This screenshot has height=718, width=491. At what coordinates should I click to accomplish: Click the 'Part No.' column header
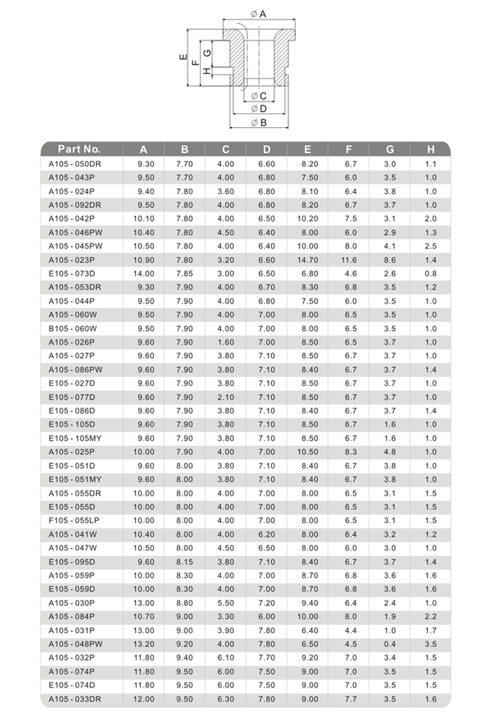coord(79,149)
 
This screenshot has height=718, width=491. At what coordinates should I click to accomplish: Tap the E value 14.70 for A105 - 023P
coord(309,260)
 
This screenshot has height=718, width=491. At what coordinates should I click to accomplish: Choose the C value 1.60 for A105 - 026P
coord(226,342)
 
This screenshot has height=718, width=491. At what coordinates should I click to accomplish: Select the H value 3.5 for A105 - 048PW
coord(430,643)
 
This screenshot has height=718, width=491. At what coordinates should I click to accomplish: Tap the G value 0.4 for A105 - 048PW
coord(390,643)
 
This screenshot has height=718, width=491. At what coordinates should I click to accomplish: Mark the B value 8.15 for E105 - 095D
coord(185,561)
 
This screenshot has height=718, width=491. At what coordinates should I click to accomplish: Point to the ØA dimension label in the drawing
coord(258,14)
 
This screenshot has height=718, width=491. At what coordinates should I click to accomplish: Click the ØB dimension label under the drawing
coord(258,122)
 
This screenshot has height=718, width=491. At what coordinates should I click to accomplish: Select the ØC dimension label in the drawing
coord(258,95)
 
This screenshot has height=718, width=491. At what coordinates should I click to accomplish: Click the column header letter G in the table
coord(390,149)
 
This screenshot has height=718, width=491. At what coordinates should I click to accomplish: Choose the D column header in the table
coord(267,149)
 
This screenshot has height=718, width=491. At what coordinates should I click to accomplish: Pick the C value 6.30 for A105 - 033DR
coord(226,698)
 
